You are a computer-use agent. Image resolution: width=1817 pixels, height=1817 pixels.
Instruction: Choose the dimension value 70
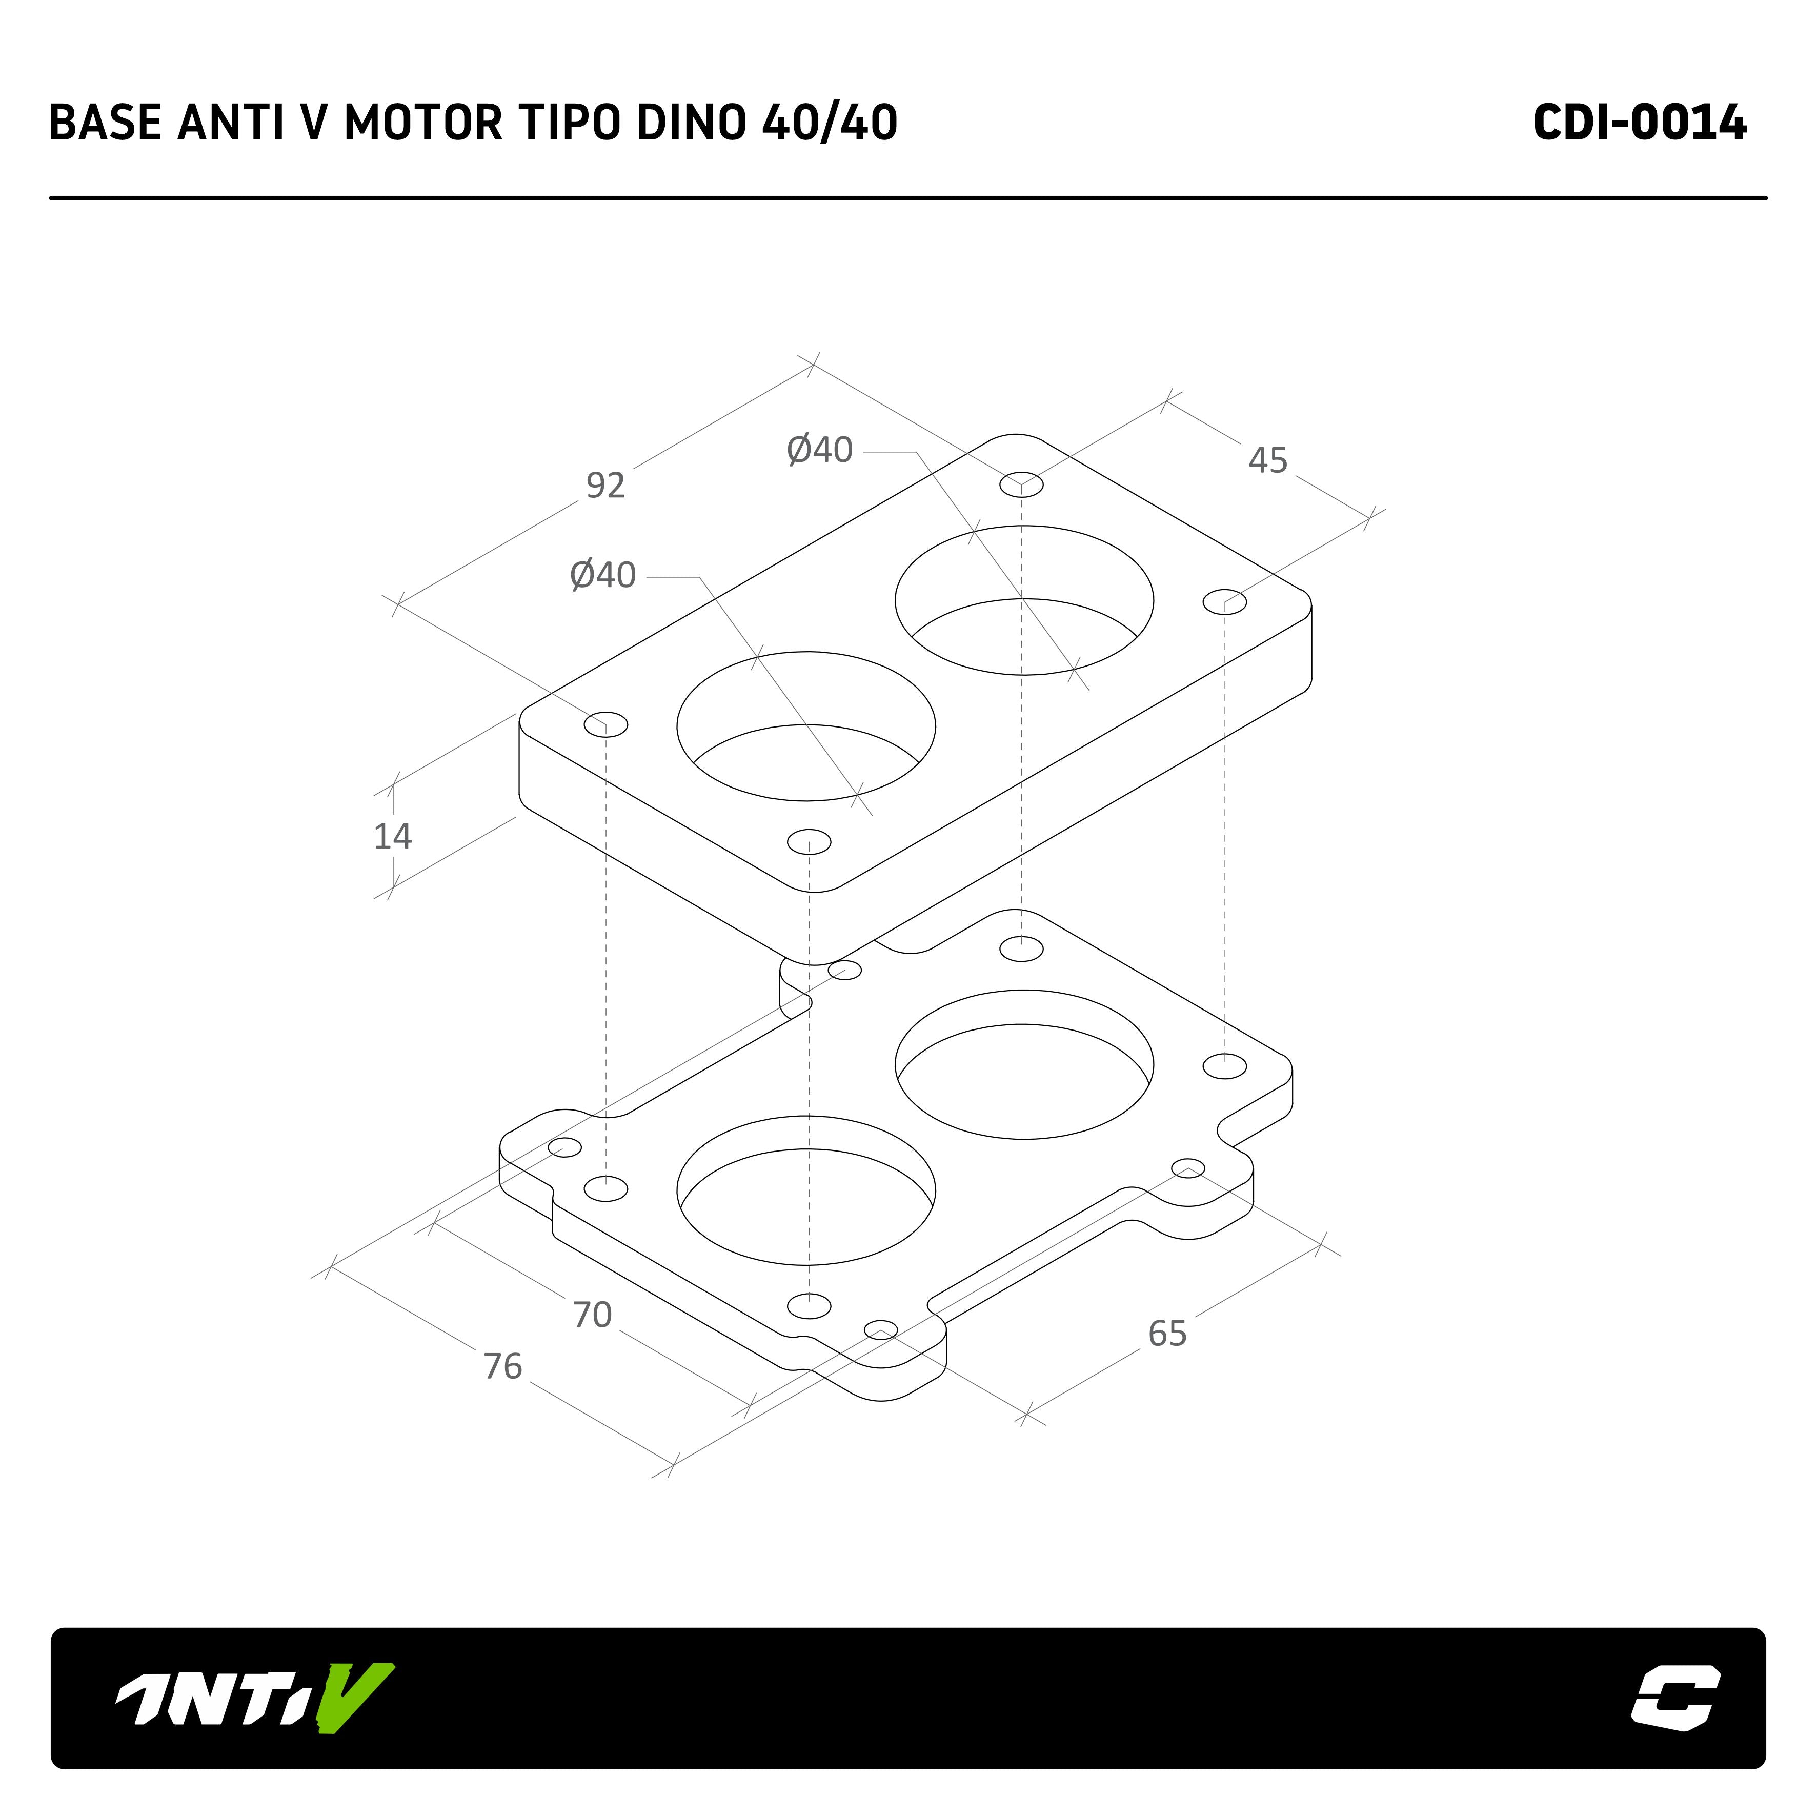pyautogui.click(x=593, y=1315)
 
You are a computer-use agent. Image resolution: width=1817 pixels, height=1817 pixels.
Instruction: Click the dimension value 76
pyautogui.click(x=502, y=1366)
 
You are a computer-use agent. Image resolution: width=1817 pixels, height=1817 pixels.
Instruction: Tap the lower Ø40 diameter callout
pyautogui.click(x=603, y=575)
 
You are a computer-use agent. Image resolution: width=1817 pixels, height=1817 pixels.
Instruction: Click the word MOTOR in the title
pyautogui.click(x=422, y=123)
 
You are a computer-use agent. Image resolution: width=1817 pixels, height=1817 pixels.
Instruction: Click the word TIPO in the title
pyautogui.click(x=568, y=123)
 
